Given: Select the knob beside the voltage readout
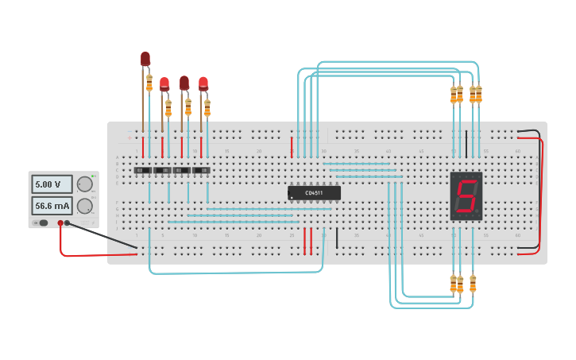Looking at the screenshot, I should (84, 184).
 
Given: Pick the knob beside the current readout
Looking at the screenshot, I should (84, 206).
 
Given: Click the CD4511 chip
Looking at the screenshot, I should (314, 192).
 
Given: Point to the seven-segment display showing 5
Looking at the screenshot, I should (466, 195).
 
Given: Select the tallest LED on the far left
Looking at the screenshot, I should (145, 59).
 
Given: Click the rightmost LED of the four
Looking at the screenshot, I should (203, 83).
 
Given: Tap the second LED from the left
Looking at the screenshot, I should (164, 83).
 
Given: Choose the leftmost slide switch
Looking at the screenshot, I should (143, 170).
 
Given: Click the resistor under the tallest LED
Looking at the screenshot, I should (149, 83).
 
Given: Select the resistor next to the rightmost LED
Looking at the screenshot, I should (207, 107).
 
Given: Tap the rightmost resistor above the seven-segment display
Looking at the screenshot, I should (478, 95).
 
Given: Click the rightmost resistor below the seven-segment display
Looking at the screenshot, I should (473, 284).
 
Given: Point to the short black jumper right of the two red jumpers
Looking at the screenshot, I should (337, 238).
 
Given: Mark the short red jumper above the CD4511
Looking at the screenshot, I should (292, 146).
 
